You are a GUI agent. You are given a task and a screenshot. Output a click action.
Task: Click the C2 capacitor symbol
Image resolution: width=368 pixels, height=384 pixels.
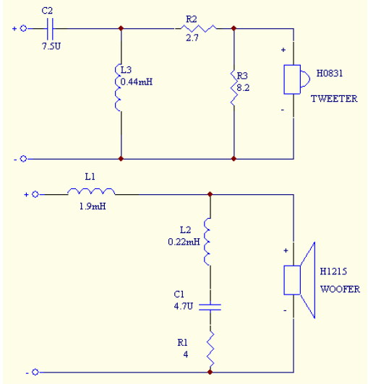51,29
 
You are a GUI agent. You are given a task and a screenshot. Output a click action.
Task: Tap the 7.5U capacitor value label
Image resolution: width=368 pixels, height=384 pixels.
51,46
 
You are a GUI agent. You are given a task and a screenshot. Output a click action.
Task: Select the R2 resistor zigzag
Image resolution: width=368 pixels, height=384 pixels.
199,28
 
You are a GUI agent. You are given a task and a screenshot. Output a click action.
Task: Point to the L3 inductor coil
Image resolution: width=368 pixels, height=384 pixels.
118,87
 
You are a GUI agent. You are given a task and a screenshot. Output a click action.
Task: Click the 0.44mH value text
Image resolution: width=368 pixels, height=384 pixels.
137,82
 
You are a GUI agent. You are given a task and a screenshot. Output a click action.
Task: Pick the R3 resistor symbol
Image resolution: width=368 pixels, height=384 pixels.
234,88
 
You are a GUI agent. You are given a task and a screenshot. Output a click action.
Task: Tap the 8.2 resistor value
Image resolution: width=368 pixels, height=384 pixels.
243,87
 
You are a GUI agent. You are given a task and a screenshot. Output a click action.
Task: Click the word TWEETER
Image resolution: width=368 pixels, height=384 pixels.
334,99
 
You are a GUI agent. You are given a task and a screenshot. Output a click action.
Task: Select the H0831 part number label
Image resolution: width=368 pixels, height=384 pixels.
329,73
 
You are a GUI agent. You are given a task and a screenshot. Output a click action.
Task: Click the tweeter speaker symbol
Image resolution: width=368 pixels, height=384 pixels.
296,79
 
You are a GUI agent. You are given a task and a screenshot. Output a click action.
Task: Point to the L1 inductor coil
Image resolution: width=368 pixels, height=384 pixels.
91,191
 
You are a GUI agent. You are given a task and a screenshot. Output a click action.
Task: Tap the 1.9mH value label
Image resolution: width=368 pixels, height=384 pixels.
93,206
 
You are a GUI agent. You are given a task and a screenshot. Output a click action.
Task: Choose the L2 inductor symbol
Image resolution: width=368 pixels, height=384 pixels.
207,242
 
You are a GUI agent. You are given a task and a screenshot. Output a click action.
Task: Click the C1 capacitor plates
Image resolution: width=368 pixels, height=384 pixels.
210,307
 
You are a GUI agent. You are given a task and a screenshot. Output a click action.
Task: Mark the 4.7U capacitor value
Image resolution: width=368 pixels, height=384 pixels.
183,306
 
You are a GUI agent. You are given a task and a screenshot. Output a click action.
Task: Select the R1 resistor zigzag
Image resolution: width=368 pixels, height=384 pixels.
210,349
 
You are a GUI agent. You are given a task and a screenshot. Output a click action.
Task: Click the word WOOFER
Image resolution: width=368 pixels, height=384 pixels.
340,289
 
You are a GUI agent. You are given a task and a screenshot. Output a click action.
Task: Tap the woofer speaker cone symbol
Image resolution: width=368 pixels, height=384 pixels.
299,280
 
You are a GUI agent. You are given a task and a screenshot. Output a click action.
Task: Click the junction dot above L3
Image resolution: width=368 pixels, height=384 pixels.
121,28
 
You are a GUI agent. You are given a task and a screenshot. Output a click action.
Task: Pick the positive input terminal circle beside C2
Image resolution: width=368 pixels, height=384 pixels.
23,28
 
